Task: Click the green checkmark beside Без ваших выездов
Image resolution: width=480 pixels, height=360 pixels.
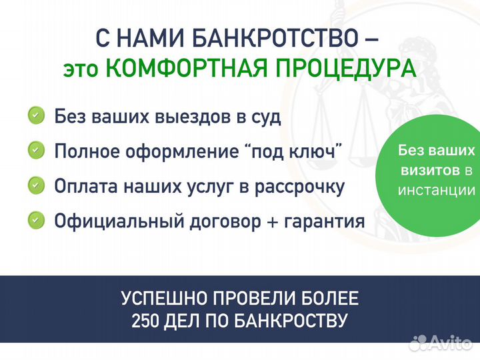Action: pos(37,116)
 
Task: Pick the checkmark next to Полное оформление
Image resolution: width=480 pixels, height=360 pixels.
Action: pos(37,151)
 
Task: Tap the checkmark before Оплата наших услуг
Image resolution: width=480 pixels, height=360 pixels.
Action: pos(37,185)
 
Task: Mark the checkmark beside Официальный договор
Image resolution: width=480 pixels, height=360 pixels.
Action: pos(37,219)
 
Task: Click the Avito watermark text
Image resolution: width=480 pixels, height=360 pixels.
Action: pos(451,343)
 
